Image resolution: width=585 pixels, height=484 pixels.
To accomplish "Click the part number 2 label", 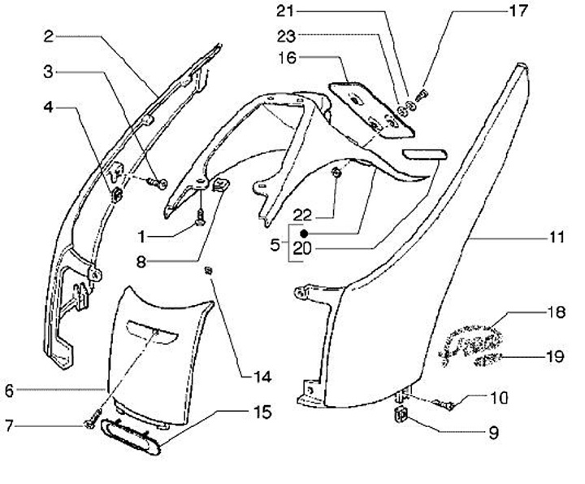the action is [x=49, y=37].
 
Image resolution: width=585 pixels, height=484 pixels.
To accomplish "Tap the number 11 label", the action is [x=556, y=239].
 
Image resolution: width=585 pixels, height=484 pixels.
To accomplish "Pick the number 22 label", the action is [x=303, y=214].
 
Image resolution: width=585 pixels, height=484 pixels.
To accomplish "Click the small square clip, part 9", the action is [x=401, y=417].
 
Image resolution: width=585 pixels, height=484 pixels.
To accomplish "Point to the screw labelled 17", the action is [x=422, y=94].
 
